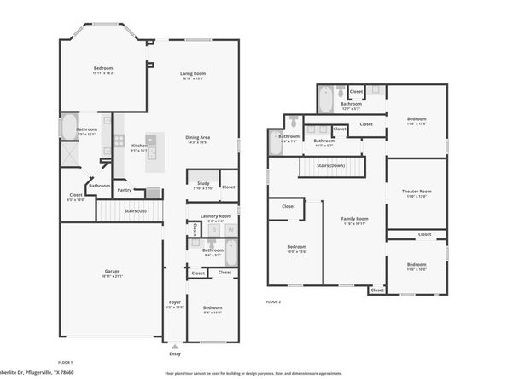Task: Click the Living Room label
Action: (192, 73)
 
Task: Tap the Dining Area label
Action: (198, 137)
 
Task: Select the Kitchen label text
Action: (139, 145)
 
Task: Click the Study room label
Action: (203, 182)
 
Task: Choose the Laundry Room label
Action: (213, 216)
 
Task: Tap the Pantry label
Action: (125, 190)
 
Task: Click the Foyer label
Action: (174, 301)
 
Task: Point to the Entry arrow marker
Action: (175, 347)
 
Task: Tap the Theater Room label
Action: (417, 191)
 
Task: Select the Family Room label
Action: (353, 219)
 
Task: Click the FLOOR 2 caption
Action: (273, 302)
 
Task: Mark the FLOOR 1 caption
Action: (64, 362)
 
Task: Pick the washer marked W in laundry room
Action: (229, 231)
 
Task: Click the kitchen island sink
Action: (154, 139)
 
